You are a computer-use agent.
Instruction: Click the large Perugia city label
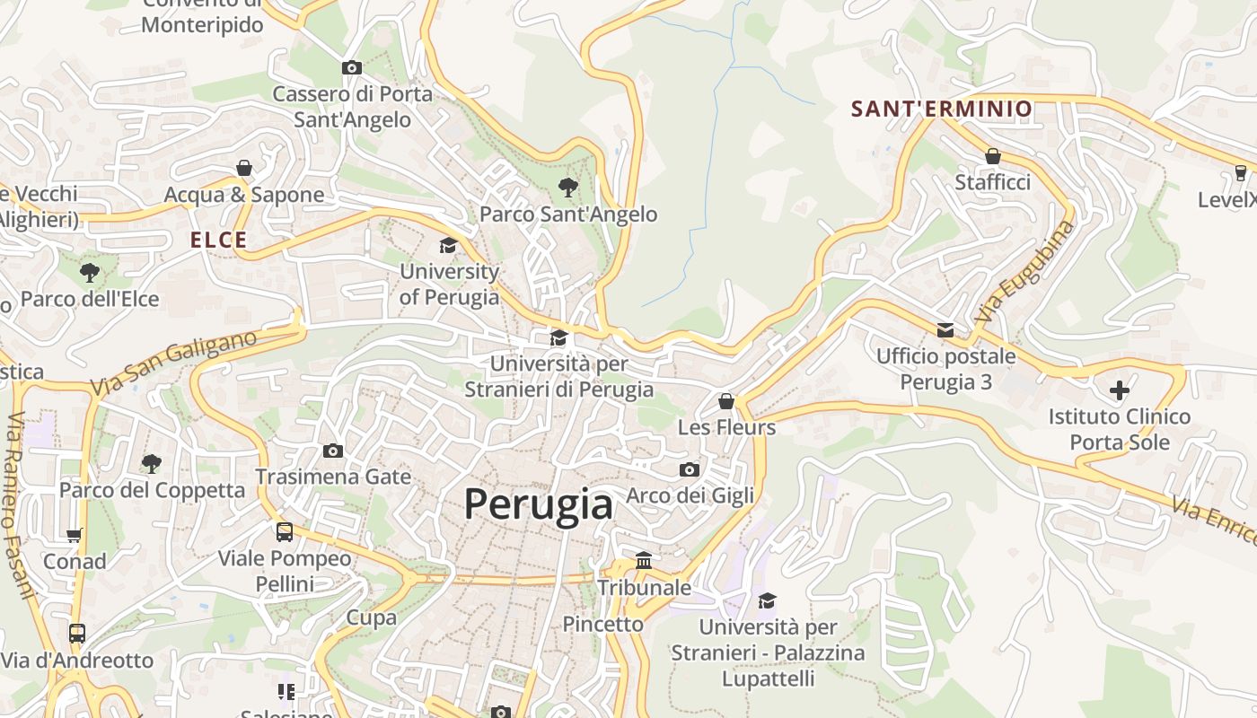point(539,504)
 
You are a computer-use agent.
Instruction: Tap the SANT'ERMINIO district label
point(942,109)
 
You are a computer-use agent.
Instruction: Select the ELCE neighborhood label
point(218,240)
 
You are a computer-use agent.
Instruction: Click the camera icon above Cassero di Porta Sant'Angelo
point(352,67)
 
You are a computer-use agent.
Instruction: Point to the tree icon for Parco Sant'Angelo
point(567,187)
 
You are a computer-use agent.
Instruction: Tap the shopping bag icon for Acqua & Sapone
point(243,168)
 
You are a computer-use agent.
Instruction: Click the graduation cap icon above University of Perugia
point(448,245)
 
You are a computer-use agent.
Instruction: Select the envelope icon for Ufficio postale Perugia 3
point(945,329)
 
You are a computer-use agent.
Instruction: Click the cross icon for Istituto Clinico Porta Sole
point(1120,390)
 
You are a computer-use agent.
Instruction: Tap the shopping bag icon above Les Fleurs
point(726,400)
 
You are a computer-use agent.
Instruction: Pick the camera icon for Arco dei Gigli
point(689,469)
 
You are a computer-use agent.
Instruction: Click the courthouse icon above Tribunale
point(644,561)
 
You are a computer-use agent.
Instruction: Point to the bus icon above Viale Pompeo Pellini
point(285,531)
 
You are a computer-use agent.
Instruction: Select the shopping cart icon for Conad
point(75,535)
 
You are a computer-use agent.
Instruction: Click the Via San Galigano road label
point(173,363)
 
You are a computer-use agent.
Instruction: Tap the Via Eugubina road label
point(1025,272)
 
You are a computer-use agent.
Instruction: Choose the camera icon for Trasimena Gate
point(333,451)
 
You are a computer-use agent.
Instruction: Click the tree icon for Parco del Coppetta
point(152,463)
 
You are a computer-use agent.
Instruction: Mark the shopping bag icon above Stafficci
point(992,156)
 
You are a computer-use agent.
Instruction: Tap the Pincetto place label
point(602,624)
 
